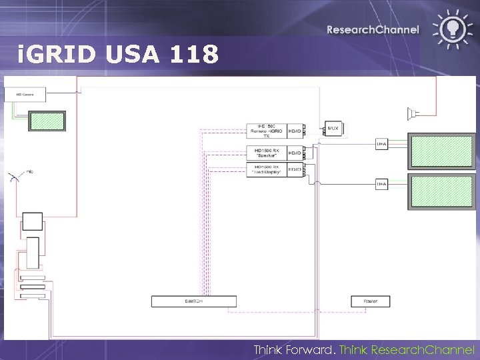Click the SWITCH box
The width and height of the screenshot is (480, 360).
[x=194, y=301]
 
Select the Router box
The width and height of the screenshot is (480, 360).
[x=370, y=301]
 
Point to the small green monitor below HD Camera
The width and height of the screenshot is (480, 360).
[x=47, y=121]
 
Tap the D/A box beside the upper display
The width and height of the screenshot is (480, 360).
[x=382, y=144]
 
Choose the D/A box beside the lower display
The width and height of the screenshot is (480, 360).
[x=382, y=183]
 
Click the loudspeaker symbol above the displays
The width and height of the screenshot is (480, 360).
[x=414, y=111]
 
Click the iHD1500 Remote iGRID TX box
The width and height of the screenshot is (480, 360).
[x=266, y=131]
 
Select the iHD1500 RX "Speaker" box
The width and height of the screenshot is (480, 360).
[x=266, y=153]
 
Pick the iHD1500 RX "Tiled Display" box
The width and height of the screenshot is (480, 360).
[x=266, y=170]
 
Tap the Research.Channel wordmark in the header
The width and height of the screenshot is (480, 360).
[x=373, y=29]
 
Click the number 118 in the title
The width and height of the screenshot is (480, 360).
[x=194, y=55]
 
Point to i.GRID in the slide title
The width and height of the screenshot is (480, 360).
[x=57, y=55]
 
